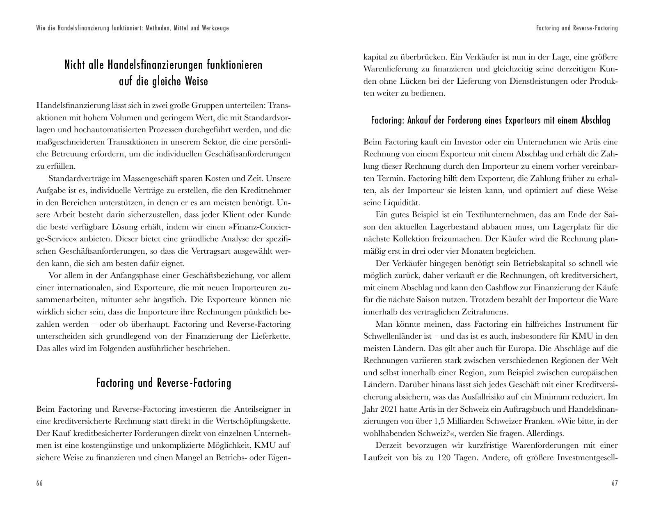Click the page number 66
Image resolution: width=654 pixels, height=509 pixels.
coord(39,483)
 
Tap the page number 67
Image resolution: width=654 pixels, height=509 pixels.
coord(615,483)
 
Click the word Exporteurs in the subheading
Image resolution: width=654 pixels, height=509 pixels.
coord(523,121)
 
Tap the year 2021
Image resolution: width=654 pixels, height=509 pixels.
coord(389,409)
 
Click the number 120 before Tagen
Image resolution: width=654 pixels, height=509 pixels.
coord(445,457)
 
